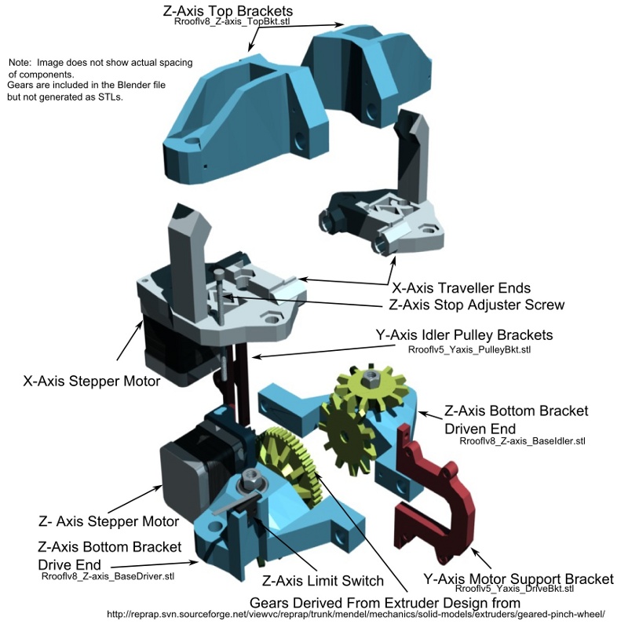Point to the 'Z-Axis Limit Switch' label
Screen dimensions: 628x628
(322, 581)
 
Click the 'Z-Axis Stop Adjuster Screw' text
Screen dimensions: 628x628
(476, 304)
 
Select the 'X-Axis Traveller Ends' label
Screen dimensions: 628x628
(460, 288)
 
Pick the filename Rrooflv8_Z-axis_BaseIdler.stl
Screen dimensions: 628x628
(522, 441)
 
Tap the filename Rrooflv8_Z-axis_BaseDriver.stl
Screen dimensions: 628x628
(108, 576)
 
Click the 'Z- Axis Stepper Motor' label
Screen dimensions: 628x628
(108, 521)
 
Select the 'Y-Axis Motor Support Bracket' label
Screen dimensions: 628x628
(518, 579)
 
